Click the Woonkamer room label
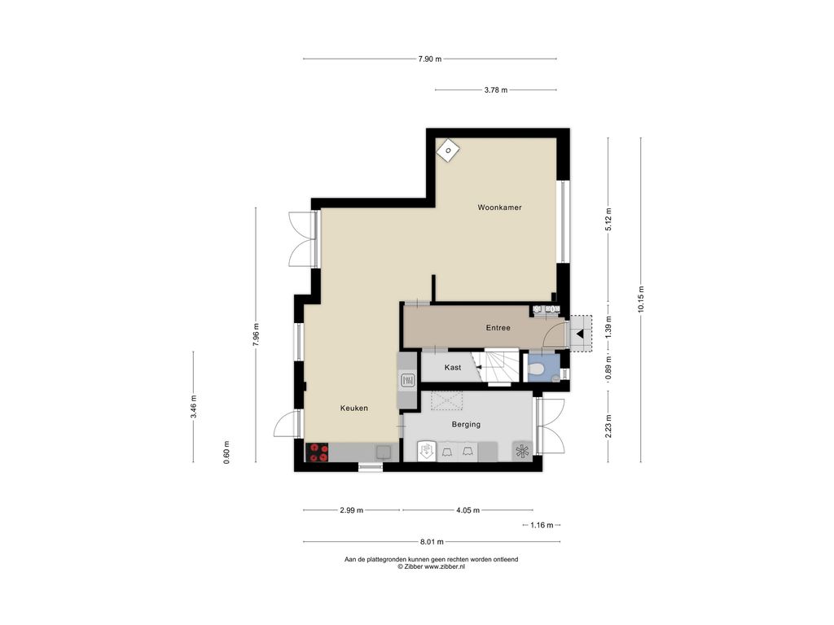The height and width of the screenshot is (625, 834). pos(499,208)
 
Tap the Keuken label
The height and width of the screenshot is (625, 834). pos(354,409)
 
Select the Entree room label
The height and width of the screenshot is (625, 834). pos(498,328)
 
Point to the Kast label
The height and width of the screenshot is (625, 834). pos(453,367)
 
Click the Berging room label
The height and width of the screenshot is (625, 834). pos(466,424)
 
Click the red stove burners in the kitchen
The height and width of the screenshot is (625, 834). pos(319,452)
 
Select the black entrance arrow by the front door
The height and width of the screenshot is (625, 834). pos(580,334)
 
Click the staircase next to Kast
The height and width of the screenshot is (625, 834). pos(498,366)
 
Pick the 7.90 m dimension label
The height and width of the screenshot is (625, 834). pos(430,59)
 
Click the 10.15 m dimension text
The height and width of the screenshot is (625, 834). pos(641,299)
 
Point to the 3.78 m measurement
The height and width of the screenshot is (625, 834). pos(496,90)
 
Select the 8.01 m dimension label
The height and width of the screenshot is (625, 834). pos(432,542)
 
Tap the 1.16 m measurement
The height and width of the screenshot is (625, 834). pos(542,525)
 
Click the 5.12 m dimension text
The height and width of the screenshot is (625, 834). pos(608,219)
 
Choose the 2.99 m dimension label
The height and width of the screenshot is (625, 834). pos(352,510)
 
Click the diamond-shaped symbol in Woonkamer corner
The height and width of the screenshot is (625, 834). pos(449,151)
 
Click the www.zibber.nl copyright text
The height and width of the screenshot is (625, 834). pos(432,566)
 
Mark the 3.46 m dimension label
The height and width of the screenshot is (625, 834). pos(194,407)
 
